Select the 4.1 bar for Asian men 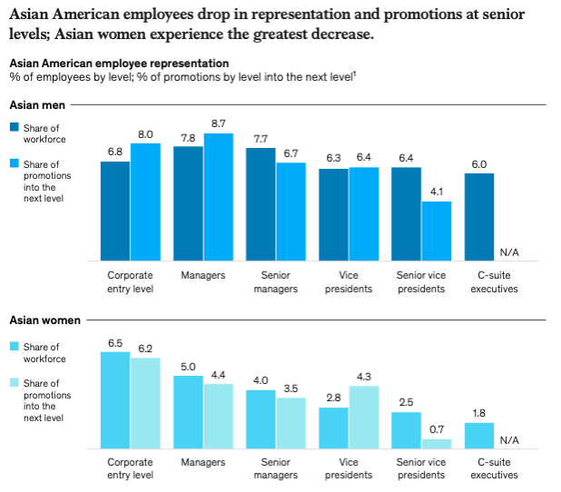click(436, 231)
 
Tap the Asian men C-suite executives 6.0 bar click(479, 217)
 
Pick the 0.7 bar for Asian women click(436, 444)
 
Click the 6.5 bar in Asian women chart click(114, 400)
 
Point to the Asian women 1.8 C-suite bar click(479, 436)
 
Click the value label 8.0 click(145, 134)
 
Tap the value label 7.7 click(261, 139)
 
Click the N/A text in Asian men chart click(508, 252)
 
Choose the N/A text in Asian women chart click(508, 440)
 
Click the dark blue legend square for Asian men click(14, 128)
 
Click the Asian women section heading click(41, 320)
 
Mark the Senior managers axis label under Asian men click(276, 281)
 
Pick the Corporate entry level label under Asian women click(130, 468)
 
